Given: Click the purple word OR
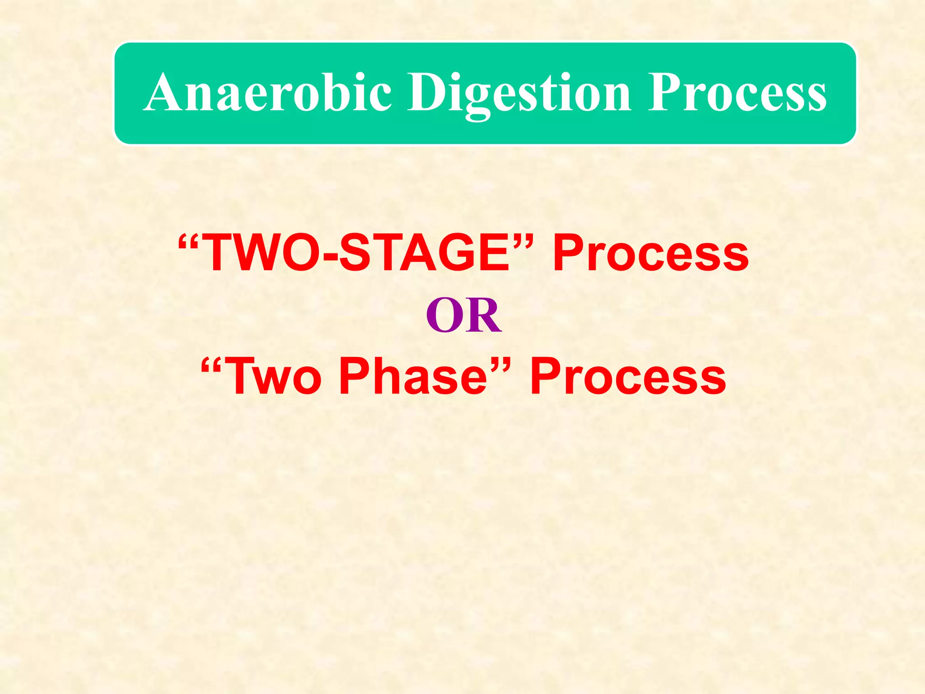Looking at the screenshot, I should click(463, 315).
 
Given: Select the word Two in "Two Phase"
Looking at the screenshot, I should click(275, 376).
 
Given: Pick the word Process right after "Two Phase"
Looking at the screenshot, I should click(628, 376).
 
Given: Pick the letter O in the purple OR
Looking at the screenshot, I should click(444, 315).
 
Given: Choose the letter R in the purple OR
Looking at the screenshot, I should click(483, 315).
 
